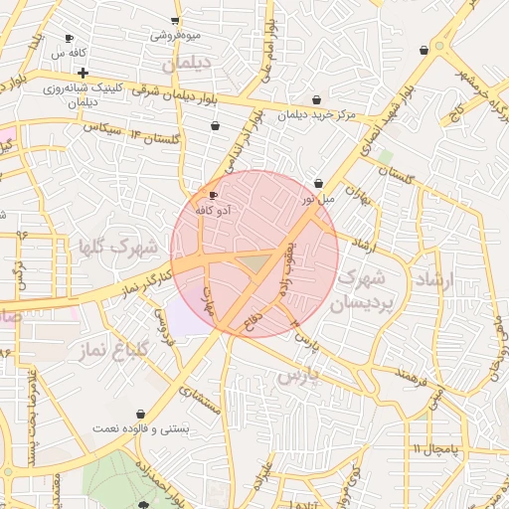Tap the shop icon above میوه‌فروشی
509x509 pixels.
pos(175,21)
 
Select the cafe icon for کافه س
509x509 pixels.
pos(69,38)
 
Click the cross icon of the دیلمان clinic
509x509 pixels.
pos(83,73)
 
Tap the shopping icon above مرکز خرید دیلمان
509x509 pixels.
pos(316,99)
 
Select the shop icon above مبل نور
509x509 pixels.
pos(318,184)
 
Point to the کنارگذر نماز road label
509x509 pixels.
pos(143,279)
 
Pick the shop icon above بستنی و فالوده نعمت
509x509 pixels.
pos(141,413)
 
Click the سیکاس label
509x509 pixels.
pos(101,129)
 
